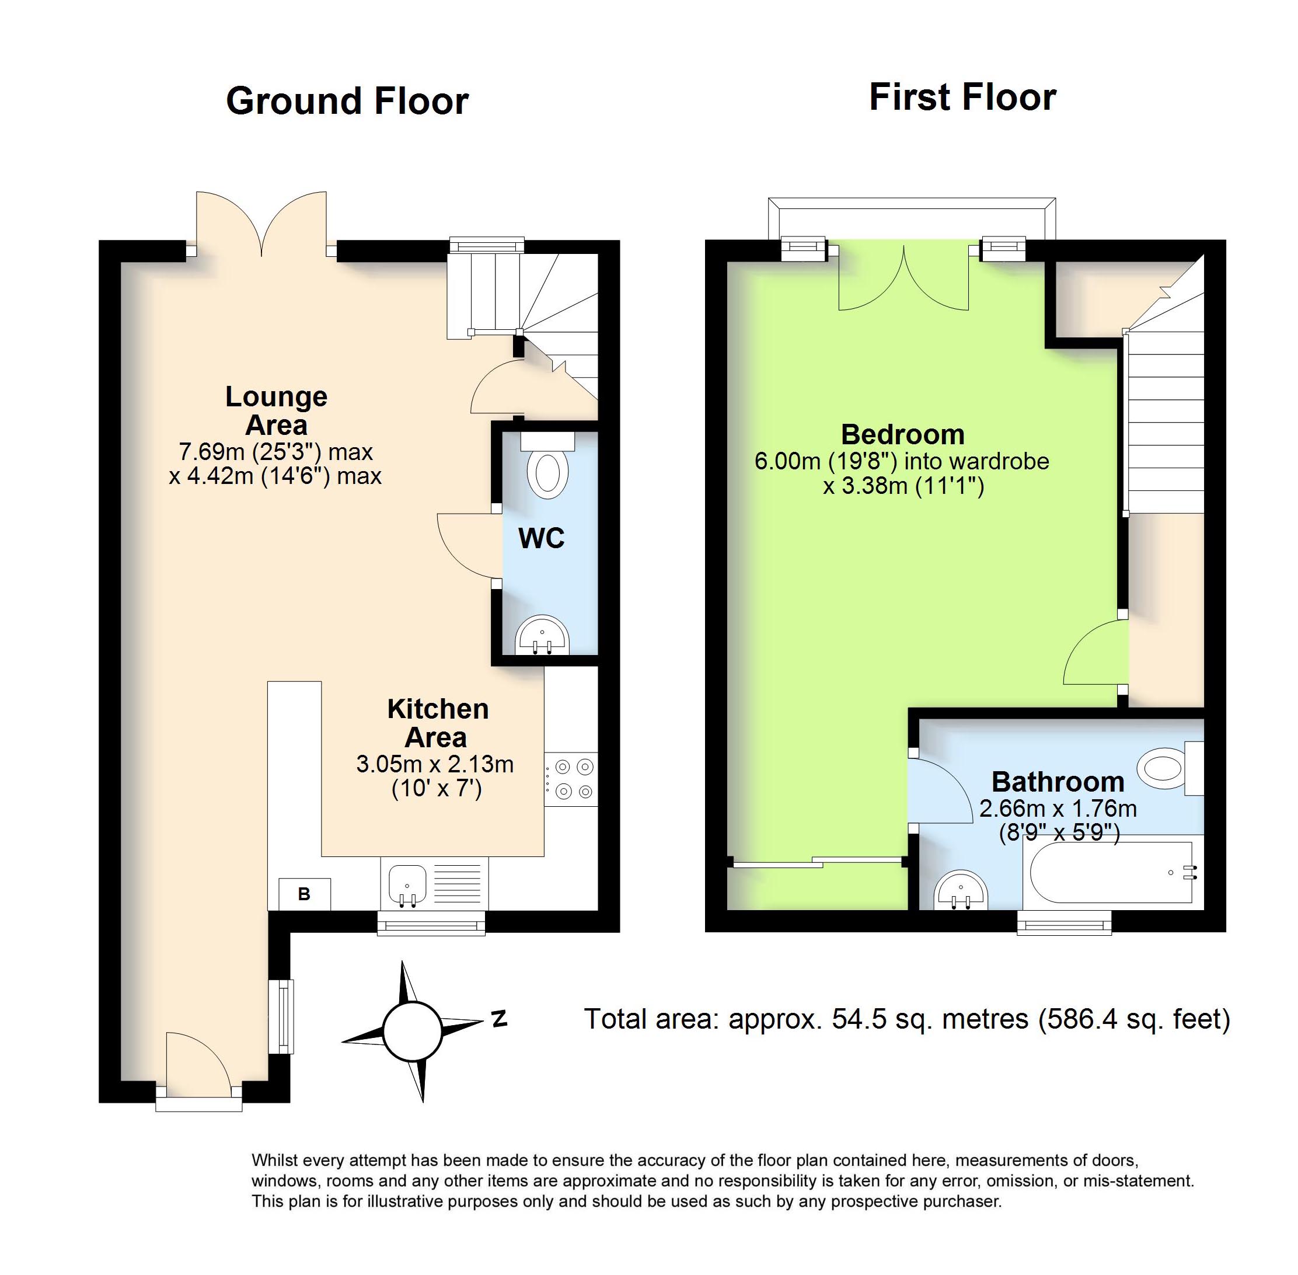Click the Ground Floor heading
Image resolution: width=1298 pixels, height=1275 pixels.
tap(347, 101)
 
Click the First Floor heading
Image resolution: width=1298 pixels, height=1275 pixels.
tap(962, 97)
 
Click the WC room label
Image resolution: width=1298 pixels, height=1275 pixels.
tap(541, 538)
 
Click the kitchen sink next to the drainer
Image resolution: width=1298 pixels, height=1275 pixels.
tap(407, 884)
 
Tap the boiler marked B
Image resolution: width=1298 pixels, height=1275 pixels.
tap(304, 894)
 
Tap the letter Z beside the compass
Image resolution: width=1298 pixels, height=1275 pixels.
tap(499, 1019)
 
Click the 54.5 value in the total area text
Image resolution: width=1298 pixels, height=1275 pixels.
tap(858, 1019)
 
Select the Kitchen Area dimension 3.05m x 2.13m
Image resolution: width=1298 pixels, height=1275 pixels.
tap(434, 764)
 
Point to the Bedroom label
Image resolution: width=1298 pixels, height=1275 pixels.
tap(902, 434)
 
